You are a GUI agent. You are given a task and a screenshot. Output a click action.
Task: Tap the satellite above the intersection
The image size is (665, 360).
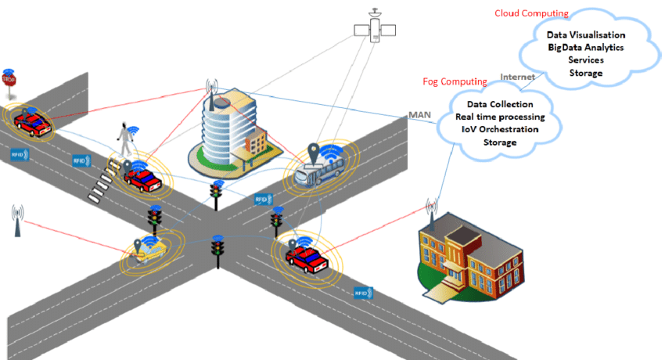point(375,30)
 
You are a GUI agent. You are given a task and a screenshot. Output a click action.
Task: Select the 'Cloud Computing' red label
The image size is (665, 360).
point(531,13)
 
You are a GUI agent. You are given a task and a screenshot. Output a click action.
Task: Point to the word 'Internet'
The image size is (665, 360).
point(517,77)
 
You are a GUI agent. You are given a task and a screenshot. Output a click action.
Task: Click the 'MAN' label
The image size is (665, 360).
point(419,115)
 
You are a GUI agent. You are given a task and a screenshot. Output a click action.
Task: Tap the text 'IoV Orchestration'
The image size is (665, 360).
point(500,129)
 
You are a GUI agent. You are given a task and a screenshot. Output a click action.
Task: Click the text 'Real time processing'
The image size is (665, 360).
point(500,117)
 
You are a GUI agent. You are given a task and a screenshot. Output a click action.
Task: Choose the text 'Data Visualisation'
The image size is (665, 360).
point(585,35)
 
